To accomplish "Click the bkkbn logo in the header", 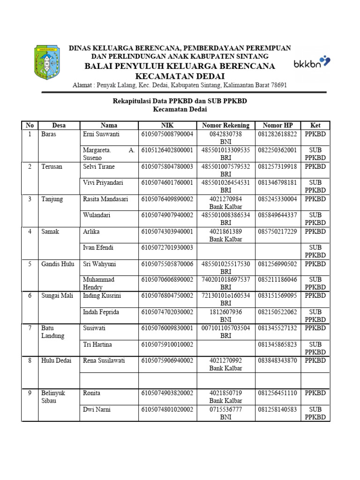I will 311,63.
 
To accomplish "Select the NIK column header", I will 167,125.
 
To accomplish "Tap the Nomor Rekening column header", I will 225,125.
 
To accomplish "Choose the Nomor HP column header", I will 278,125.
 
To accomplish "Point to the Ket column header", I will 315,125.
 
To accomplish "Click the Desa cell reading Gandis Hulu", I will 58,264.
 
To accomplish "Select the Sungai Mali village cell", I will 58,296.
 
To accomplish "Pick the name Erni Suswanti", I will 101,134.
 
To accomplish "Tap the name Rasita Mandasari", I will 105,199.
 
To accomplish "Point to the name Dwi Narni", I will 97,409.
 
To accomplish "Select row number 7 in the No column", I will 30,328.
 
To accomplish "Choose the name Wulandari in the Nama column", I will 97,215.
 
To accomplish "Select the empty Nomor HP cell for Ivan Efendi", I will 278,251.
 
